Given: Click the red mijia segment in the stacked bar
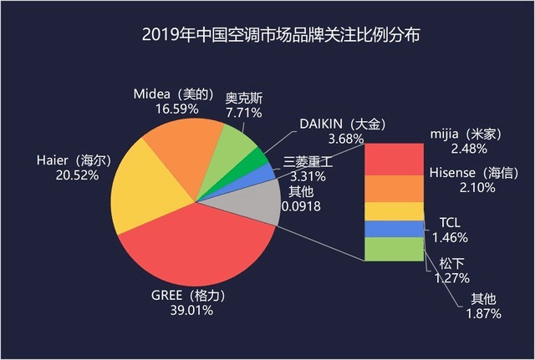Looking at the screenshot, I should (x=393, y=158).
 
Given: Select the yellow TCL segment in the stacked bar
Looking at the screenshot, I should (x=393, y=210).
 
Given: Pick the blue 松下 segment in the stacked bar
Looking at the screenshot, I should (x=393, y=229).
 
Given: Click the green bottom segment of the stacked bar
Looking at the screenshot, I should (x=393, y=250).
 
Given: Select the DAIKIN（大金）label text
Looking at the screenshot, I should (x=343, y=124).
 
